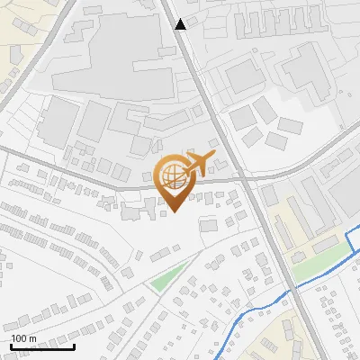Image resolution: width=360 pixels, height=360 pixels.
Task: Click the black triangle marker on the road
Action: tap(181, 24)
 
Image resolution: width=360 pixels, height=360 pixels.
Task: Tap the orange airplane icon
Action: tap(197, 164)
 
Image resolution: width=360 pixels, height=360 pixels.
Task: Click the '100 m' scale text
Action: tap(23, 338)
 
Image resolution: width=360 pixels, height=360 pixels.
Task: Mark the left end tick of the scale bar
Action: tap(11, 346)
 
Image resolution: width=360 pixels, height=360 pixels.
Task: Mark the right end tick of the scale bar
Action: tap(74, 346)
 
